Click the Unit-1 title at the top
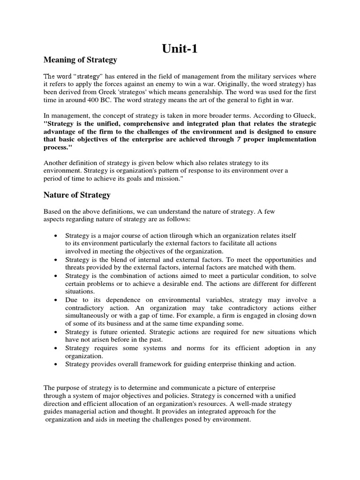180,49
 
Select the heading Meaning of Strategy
80,60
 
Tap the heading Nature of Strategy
77,195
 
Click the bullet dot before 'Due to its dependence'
56,300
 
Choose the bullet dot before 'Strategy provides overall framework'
56,364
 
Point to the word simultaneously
89,316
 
